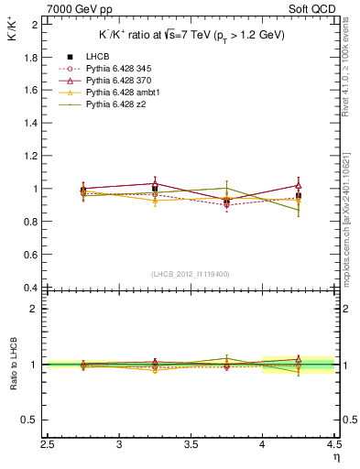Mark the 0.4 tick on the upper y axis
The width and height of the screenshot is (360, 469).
click(x=30, y=288)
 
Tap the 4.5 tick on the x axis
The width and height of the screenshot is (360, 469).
click(x=333, y=445)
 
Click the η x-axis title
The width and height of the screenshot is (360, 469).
click(x=335, y=457)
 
